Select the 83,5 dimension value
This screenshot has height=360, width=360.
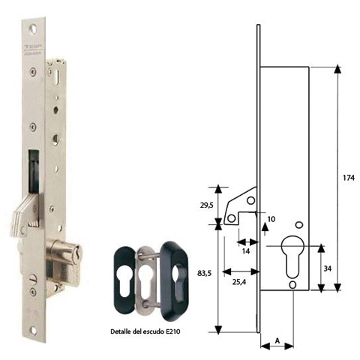tap(203, 274)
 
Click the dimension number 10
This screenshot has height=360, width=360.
tap(271, 218)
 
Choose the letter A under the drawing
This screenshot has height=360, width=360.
tap(277, 340)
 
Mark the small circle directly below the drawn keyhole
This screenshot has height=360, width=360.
tap(292, 284)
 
